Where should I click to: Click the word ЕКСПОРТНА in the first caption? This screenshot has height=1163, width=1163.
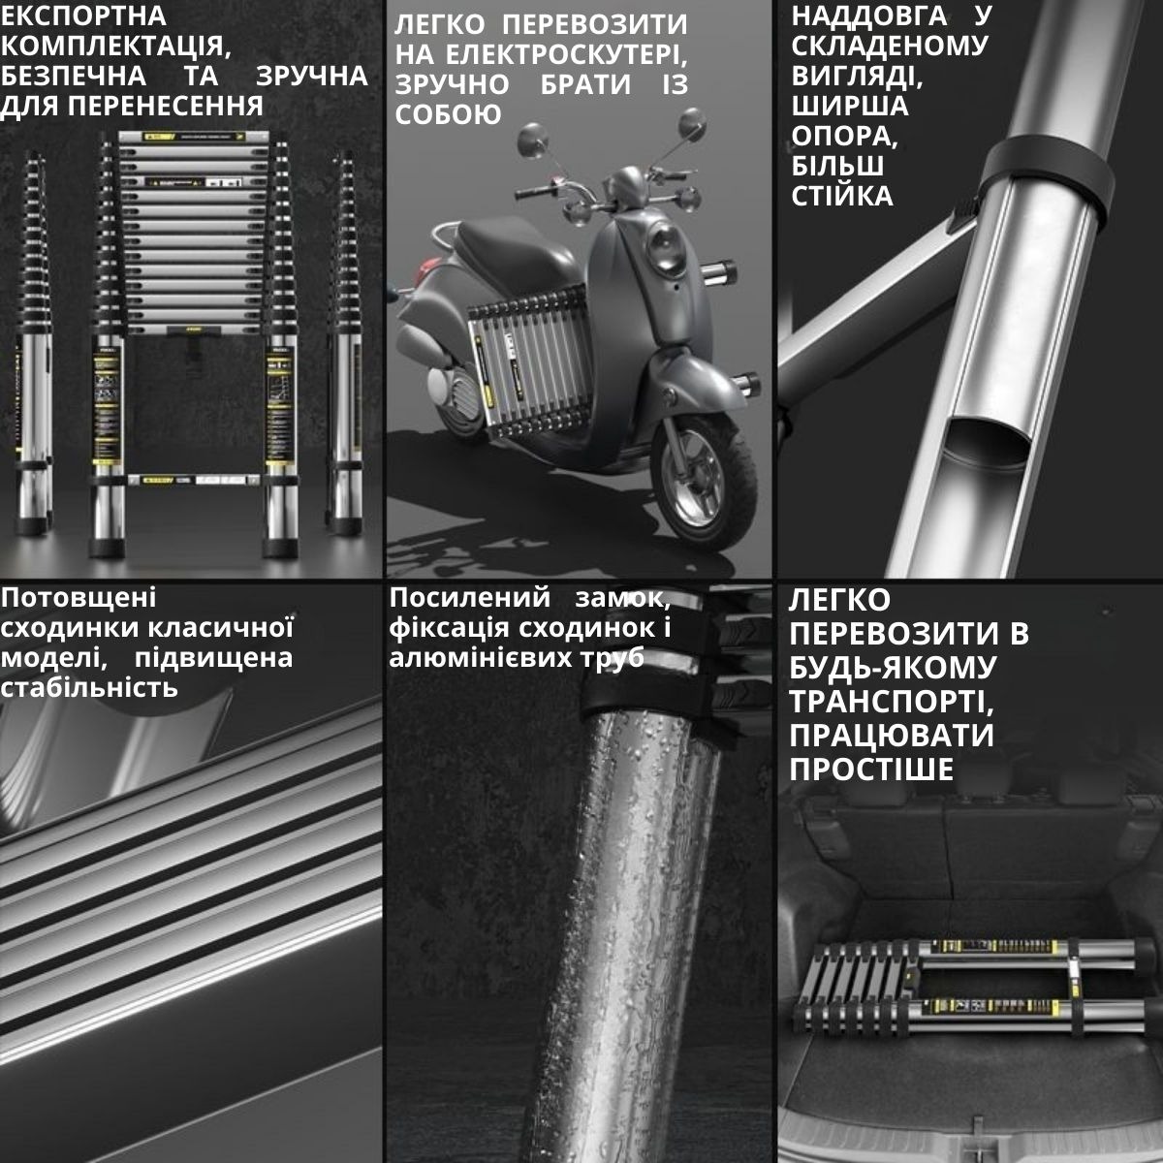(x=83, y=16)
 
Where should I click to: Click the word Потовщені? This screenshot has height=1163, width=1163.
(x=79, y=598)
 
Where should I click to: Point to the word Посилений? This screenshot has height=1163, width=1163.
(x=469, y=598)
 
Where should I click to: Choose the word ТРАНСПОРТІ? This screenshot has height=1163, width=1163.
(x=892, y=702)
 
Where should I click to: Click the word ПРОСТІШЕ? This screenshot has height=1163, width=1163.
(x=871, y=770)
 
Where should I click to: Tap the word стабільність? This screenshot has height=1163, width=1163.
(x=89, y=687)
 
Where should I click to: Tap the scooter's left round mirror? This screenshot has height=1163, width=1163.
(x=533, y=140)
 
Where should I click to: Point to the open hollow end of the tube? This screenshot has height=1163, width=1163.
(x=987, y=446)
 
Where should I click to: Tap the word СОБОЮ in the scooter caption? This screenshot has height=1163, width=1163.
(x=448, y=114)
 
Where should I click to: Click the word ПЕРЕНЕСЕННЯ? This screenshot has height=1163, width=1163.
(x=166, y=107)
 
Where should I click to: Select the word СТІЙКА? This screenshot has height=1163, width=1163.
(x=842, y=196)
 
